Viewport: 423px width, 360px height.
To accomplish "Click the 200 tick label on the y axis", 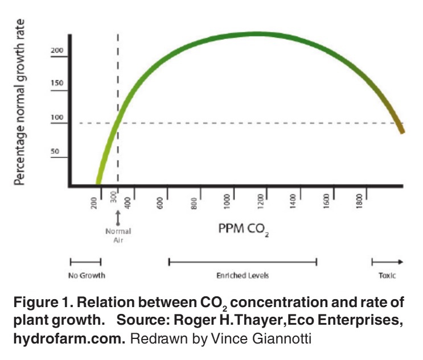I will click(x=56, y=51).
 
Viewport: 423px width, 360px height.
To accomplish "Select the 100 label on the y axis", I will click(x=56, y=120).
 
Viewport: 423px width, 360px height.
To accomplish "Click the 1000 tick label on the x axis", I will click(x=227, y=201).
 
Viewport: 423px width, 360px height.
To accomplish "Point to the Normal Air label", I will click(x=118, y=235).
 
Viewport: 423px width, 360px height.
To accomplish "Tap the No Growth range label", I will click(x=85, y=275).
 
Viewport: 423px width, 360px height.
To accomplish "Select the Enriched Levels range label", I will click(x=242, y=275).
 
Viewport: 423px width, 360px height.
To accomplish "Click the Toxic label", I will click(x=387, y=275).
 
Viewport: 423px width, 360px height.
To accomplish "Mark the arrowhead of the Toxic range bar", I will click(x=401, y=262).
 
